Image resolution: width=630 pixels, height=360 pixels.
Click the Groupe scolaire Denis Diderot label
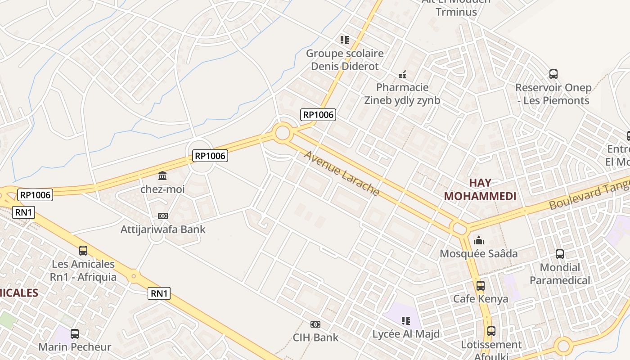(x=345, y=60)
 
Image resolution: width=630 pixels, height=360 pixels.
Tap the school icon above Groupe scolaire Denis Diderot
(x=345, y=40)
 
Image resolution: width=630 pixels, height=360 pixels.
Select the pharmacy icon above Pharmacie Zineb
(x=402, y=74)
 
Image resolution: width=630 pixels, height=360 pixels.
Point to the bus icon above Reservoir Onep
(x=553, y=74)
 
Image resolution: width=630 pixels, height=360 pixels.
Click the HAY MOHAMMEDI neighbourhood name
(x=480, y=189)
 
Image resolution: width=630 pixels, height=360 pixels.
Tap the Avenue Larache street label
(x=342, y=173)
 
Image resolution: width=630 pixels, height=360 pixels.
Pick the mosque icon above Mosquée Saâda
(x=479, y=240)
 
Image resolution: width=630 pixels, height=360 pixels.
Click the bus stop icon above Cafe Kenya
(x=481, y=285)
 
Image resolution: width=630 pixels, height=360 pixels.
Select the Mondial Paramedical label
(x=559, y=274)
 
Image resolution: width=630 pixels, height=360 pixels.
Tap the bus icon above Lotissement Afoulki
(x=491, y=331)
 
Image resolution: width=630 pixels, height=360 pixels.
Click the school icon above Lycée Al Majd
(x=406, y=321)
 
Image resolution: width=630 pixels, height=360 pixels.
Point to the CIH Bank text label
(x=315, y=337)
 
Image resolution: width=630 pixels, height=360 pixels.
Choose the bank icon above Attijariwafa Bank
(x=163, y=216)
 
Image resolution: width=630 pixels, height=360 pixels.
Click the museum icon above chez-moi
(x=162, y=175)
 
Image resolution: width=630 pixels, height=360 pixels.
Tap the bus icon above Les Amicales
(x=83, y=251)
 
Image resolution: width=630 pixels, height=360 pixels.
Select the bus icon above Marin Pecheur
(x=75, y=334)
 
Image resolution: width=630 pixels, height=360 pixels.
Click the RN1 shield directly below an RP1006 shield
(x=23, y=212)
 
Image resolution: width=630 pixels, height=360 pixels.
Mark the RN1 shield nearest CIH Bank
(x=159, y=294)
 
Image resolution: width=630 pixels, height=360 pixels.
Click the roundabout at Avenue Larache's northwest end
(x=282, y=133)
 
